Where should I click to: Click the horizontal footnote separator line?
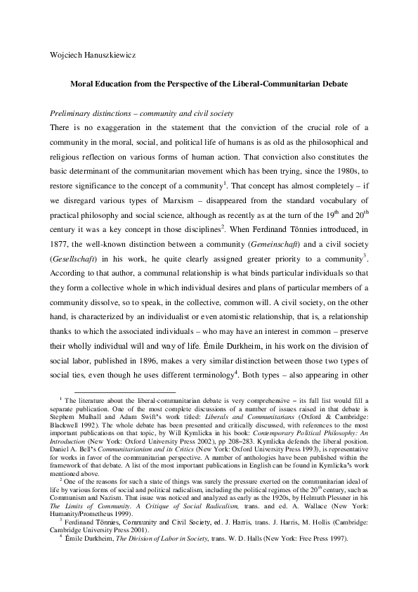click(x=125, y=392)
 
